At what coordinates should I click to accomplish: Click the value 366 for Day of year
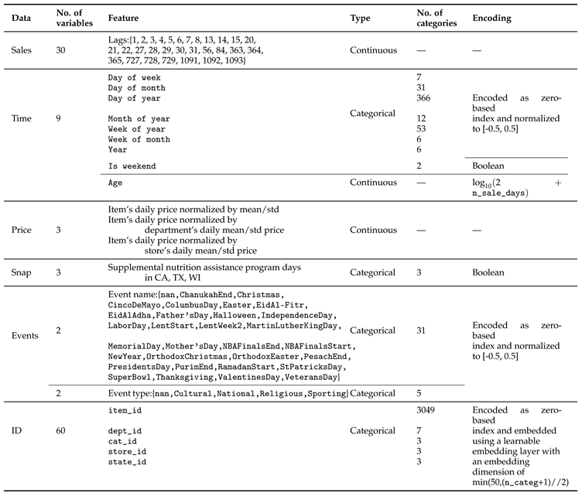(x=425, y=98)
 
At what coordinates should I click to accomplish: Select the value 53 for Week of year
(x=422, y=128)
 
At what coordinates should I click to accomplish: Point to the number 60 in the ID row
(x=62, y=430)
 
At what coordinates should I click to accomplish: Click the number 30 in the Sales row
(x=62, y=50)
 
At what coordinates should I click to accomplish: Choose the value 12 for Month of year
(x=422, y=118)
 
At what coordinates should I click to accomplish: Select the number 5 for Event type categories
(x=419, y=393)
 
